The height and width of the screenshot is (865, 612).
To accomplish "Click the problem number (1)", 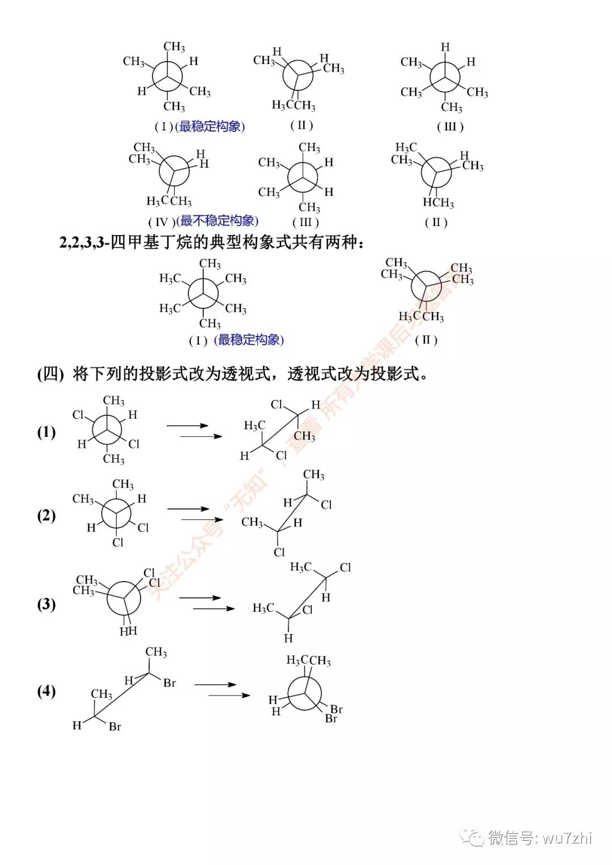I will pyautogui.click(x=46, y=432).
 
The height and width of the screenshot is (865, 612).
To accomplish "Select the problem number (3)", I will pyautogui.click(x=46, y=604).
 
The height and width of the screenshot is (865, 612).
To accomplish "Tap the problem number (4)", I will pyautogui.click(x=46, y=691).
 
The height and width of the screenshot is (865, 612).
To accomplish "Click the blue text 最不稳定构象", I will pyautogui.click(x=218, y=221).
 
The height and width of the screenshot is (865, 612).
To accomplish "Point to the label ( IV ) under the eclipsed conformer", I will pyautogui.click(x=161, y=222).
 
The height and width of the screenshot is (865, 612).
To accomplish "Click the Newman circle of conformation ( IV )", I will pyautogui.click(x=174, y=171).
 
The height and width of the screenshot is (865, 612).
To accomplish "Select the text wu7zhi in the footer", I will pyautogui.click(x=567, y=837).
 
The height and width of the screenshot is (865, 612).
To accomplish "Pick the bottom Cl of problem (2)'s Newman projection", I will pyautogui.click(x=118, y=542).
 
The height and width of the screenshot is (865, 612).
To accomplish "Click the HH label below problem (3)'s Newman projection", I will pyautogui.click(x=128, y=630).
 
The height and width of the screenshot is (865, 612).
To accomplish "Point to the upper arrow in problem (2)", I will pyautogui.click(x=188, y=509).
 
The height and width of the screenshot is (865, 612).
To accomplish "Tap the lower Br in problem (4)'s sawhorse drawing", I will pyautogui.click(x=115, y=726).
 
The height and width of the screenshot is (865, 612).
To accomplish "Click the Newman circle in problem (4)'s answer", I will pyautogui.click(x=304, y=693).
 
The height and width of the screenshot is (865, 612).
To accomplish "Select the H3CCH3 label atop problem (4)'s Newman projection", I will pyautogui.click(x=308, y=661).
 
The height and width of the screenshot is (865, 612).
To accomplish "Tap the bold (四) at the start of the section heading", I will pyautogui.click(x=50, y=374).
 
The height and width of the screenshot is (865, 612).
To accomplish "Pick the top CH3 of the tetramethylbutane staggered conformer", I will pyautogui.click(x=210, y=264).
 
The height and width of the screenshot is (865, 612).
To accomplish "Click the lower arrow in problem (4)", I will pyautogui.click(x=229, y=695).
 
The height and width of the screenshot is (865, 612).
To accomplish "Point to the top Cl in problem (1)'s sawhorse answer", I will pyautogui.click(x=277, y=404).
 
